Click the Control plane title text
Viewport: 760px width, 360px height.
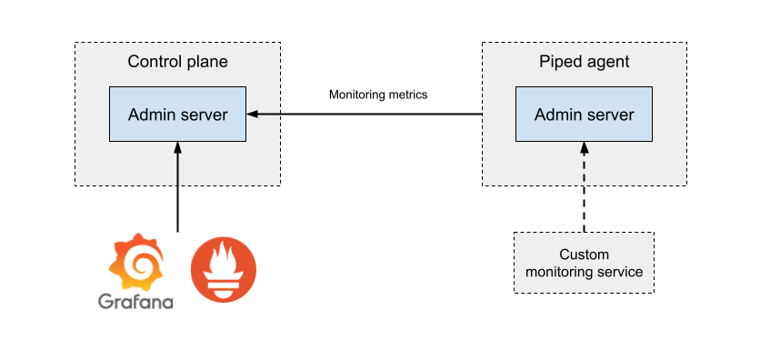point(177,62)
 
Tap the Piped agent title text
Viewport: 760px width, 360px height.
point(584,62)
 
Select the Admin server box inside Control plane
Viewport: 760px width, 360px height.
point(177,115)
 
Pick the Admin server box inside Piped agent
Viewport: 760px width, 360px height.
point(584,115)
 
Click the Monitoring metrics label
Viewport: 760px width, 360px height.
point(378,95)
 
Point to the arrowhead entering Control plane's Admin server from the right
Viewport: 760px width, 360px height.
point(252,115)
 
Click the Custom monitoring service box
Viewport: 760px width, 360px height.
point(584,263)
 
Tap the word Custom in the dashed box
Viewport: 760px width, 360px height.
point(584,255)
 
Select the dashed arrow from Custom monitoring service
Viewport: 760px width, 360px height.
point(584,187)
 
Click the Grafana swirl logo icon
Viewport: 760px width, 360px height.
point(135,262)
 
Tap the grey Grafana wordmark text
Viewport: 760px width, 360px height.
point(135,302)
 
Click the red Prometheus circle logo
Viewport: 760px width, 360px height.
point(224,270)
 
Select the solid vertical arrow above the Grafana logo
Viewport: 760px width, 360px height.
point(177,187)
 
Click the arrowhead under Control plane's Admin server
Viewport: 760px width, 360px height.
point(177,147)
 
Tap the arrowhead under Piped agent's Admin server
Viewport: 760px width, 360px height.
point(584,147)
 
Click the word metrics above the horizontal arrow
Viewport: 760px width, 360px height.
point(410,95)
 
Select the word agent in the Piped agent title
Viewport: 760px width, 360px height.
point(607,63)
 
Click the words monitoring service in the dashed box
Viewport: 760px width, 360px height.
point(584,272)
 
